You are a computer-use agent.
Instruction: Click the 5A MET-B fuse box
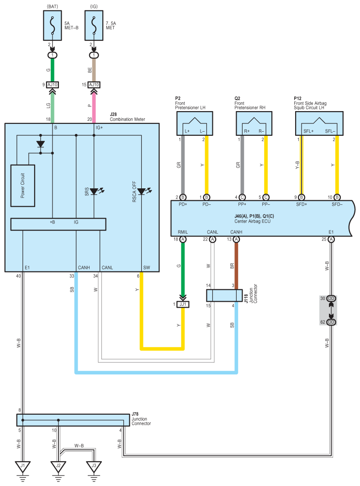point(53,26)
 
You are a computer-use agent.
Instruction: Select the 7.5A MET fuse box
point(94,26)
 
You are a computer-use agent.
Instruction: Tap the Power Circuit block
point(23,186)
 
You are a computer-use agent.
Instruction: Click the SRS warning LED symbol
point(94,191)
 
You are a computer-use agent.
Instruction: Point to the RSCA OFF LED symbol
point(142,191)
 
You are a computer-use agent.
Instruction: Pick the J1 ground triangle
point(23,466)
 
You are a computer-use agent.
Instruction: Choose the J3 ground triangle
point(94,466)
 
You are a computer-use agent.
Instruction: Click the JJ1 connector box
point(183,304)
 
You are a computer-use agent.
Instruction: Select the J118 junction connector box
point(224,296)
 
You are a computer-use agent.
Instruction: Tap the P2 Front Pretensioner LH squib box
point(195,123)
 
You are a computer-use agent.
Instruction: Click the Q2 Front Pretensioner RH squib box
point(254,123)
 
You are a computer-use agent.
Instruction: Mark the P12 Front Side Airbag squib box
point(319,123)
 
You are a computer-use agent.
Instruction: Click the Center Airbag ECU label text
point(253,221)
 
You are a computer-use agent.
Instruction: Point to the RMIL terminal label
point(183,232)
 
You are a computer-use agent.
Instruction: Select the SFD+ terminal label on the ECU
point(302,204)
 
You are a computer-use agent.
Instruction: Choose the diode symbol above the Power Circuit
point(40,144)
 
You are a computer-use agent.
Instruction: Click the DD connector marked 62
point(331,322)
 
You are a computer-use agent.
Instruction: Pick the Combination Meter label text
point(127,119)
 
